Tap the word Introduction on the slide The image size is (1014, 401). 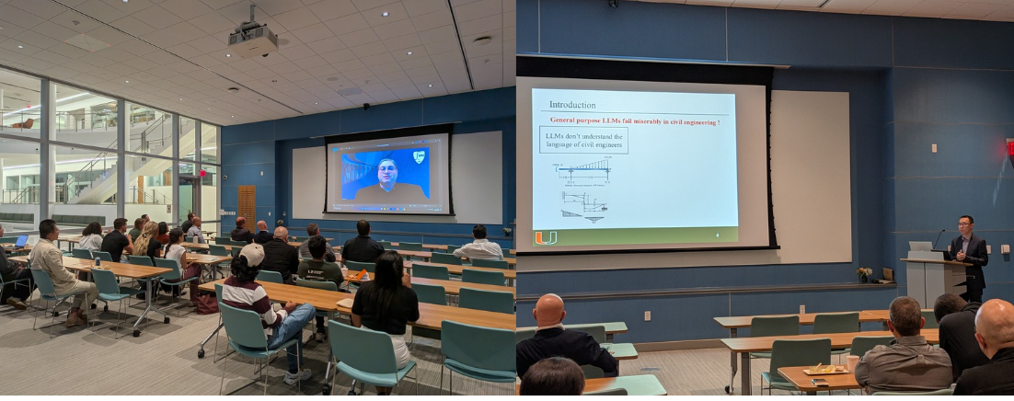572,105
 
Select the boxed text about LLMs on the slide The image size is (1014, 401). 583,141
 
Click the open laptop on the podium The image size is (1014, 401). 920,246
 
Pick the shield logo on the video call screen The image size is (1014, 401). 419,157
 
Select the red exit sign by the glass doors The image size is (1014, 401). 202,171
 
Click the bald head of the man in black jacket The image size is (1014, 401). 549,310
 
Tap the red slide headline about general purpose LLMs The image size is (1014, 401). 635,120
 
